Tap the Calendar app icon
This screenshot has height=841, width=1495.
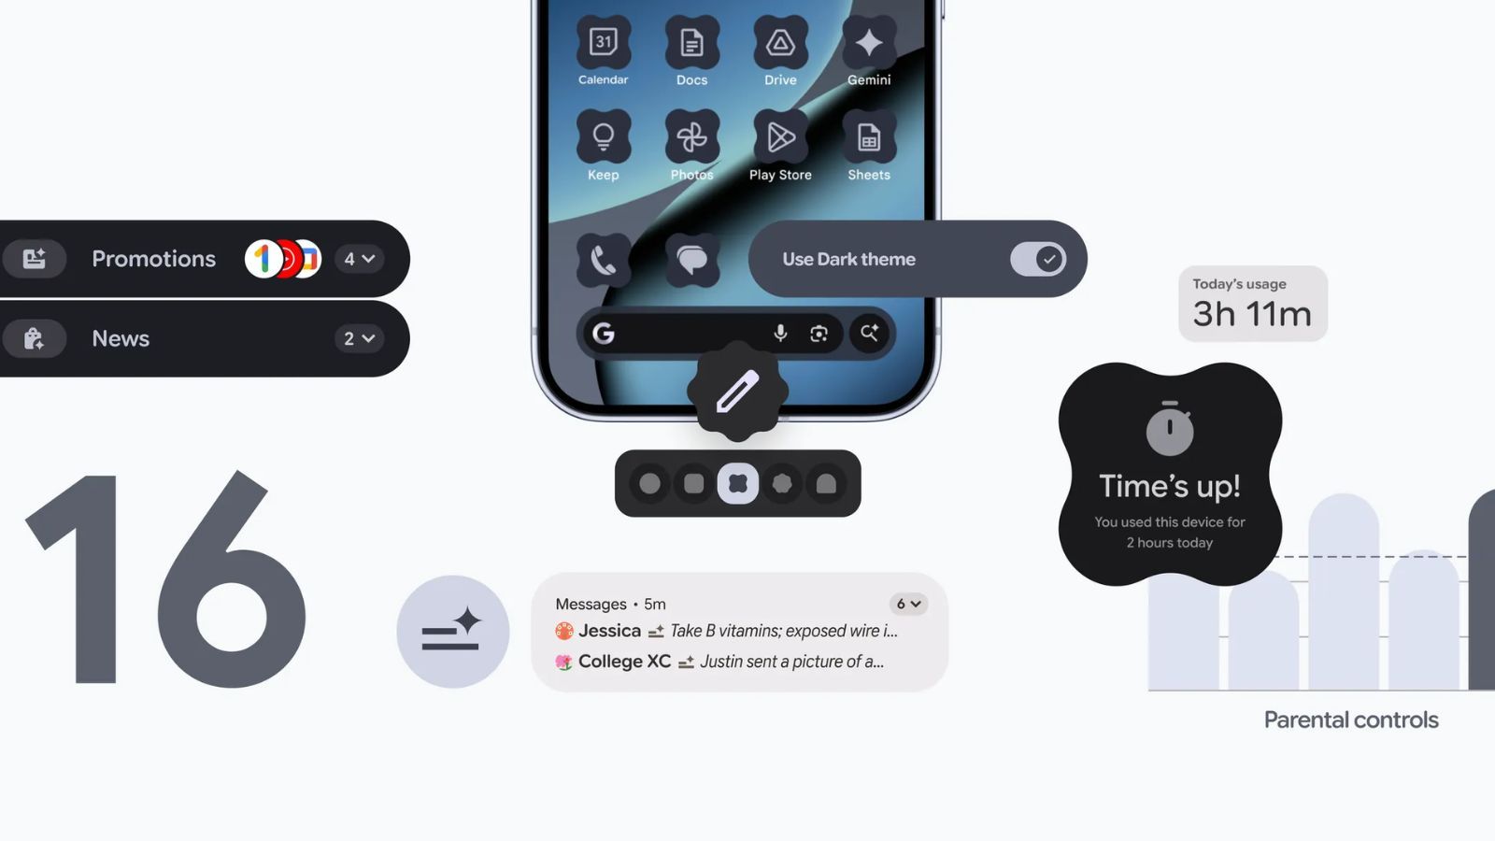[x=604, y=42]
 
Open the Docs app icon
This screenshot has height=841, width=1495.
[x=691, y=42]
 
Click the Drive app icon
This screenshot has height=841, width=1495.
[x=780, y=42]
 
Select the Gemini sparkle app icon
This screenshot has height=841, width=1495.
[x=869, y=42]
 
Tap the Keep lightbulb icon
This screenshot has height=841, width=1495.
[x=604, y=137]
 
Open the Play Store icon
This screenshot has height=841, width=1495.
[x=780, y=137]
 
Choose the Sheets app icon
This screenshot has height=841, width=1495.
[x=869, y=137]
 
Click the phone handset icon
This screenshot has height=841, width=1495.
[x=604, y=260]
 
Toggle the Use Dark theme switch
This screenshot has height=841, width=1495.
[x=1037, y=259]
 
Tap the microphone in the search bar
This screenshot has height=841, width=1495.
[x=780, y=333]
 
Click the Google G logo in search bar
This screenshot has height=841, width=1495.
[x=604, y=333]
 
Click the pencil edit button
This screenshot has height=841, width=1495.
[x=738, y=392]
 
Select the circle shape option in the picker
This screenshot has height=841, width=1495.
[x=649, y=483]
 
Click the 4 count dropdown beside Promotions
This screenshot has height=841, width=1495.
[x=359, y=259]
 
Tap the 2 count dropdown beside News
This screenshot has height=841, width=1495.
[x=359, y=338]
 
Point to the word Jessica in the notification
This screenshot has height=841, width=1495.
[x=609, y=631]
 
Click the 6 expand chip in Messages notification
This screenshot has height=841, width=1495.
[x=908, y=604]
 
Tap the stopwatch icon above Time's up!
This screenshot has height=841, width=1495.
[x=1170, y=429]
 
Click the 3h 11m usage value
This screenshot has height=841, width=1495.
[x=1252, y=314]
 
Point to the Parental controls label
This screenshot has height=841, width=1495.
[x=1351, y=720]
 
